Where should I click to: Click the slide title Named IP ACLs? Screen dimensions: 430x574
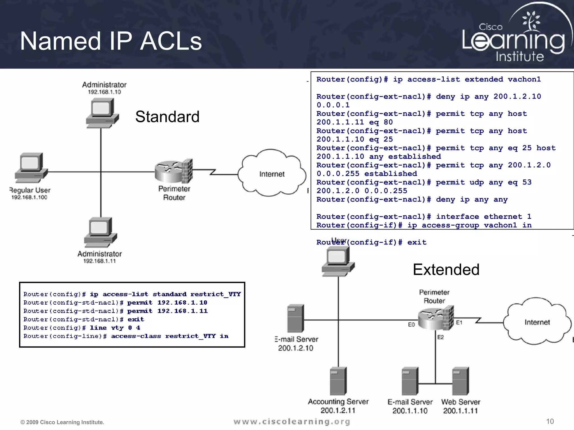tap(111, 41)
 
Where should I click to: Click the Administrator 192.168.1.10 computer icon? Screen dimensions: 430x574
tap(102, 113)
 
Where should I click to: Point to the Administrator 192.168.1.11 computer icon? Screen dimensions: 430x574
tap(100, 232)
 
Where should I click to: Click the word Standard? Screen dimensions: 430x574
tap(167, 116)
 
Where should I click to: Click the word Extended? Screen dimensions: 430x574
tap(446, 270)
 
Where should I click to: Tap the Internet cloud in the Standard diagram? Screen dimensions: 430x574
tap(272, 174)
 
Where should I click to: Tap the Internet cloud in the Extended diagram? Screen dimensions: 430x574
tap(537, 322)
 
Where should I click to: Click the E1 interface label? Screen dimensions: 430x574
tap(459, 322)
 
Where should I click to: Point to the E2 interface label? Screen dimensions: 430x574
tap(441, 337)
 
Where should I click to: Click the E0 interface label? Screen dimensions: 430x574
tap(411, 324)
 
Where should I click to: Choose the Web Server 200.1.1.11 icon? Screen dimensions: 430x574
tap(460, 381)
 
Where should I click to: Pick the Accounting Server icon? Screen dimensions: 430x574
tap(338, 381)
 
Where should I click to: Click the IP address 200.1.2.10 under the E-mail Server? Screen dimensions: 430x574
tap(295, 348)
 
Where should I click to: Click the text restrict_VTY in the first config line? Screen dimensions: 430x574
tap(216, 294)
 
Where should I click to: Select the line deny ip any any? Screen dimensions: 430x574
tap(472, 200)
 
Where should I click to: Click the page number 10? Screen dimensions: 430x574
tap(550, 421)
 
